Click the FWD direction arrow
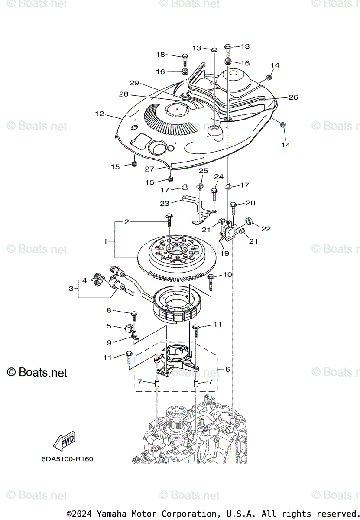point(64,441)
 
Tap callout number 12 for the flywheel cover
point(100,114)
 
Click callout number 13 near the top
point(197,48)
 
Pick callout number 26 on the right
point(293,97)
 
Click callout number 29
point(134,83)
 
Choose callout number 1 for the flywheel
point(105,241)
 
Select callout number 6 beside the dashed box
point(227,369)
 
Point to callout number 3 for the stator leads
point(71,288)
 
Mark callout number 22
point(266,229)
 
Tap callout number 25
point(203,171)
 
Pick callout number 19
point(225,253)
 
